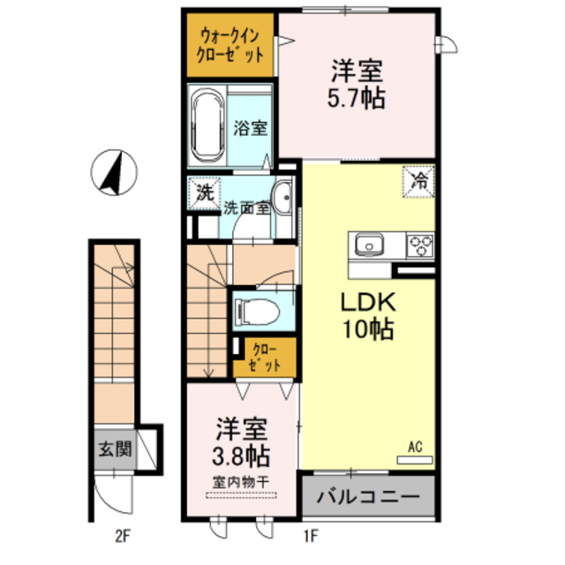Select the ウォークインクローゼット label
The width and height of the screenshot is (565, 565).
click(x=231, y=45)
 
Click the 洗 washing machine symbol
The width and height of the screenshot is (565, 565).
click(x=205, y=192)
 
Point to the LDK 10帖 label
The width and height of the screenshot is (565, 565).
click(x=368, y=315)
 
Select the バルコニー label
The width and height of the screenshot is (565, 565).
click(x=368, y=496)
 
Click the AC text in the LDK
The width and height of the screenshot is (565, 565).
click(x=417, y=448)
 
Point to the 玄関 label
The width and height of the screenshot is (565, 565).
click(x=115, y=449)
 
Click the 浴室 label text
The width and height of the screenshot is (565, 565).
click(x=250, y=127)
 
